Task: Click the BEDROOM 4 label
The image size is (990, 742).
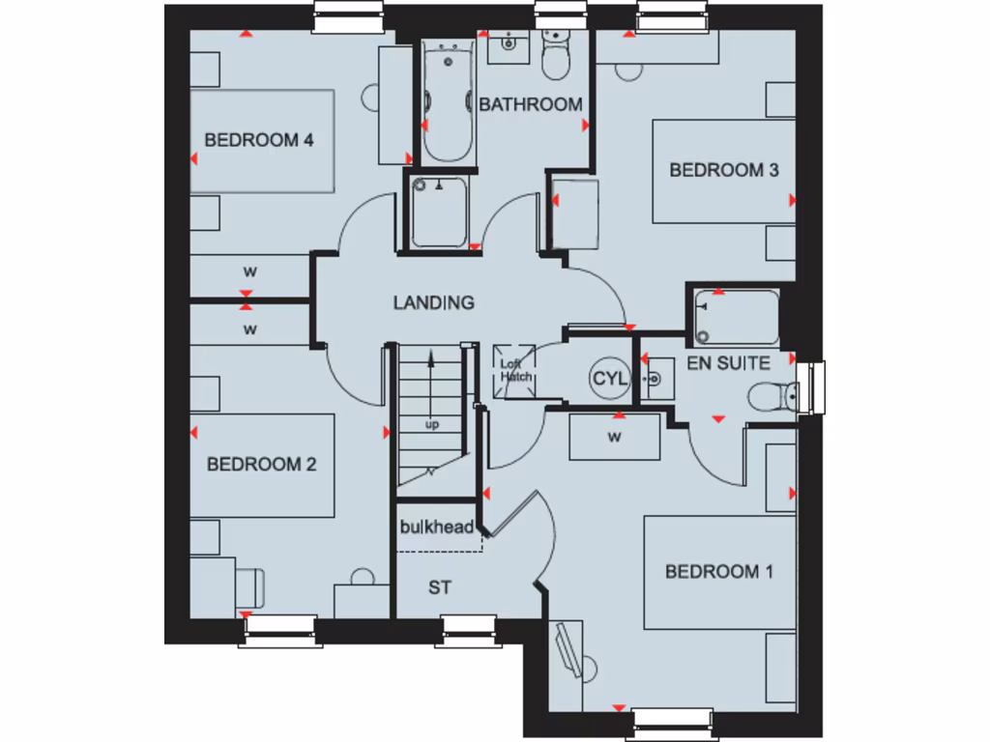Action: pyautogui.click(x=259, y=140)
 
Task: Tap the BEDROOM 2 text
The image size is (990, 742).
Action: pyautogui.click(x=261, y=465)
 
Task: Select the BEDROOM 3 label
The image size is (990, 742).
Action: pyautogui.click(x=724, y=170)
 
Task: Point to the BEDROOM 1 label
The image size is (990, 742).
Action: pyautogui.click(x=718, y=572)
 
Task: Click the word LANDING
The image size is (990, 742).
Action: pyautogui.click(x=433, y=302)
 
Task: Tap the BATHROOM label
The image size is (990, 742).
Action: pyautogui.click(x=531, y=104)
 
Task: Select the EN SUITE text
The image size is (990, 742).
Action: pyautogui.click(x=728, y=364)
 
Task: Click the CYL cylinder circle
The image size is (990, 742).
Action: pyautogui.click(x=609, y=379)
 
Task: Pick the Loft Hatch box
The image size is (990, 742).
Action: pyautogui.click(x=514, y=369)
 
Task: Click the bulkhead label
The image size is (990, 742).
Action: pyautogui.click(x=437, y=528)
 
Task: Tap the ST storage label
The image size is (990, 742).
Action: pyautogui.click(x=440, y=586)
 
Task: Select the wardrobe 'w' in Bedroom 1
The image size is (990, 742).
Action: pyautogui.click(x=614, y=437)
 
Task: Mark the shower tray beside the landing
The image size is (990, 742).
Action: pyautogui.click(x=441, y=212)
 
